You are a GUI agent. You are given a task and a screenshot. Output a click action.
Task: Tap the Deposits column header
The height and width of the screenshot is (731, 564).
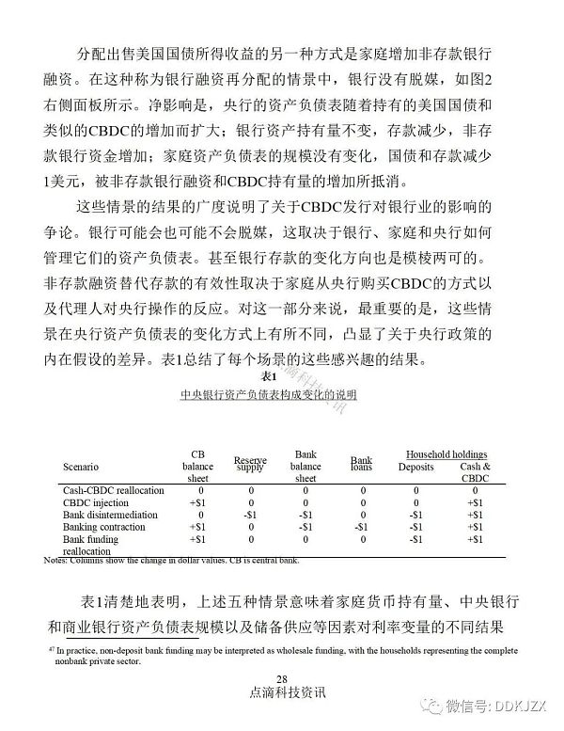416,466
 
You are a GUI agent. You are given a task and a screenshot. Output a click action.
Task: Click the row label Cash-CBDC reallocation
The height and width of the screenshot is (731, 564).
113,490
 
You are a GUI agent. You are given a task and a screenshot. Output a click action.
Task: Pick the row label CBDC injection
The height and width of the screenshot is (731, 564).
97,502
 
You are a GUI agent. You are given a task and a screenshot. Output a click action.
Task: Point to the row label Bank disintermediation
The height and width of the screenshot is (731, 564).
110,515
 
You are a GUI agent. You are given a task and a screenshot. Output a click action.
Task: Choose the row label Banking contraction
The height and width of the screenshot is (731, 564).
103,527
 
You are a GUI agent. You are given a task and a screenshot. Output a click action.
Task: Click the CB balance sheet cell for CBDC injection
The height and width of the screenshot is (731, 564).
197,502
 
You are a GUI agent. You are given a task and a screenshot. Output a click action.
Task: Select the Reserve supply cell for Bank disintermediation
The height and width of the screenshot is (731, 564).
250,515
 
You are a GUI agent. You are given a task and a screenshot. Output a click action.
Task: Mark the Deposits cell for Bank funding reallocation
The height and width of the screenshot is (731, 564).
415,539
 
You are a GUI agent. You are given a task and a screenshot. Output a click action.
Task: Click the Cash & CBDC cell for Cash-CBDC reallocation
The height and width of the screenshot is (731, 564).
476,490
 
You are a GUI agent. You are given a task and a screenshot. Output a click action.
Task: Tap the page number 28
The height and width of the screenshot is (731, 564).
281,679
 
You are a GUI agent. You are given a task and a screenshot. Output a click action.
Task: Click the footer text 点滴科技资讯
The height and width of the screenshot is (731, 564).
281,693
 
